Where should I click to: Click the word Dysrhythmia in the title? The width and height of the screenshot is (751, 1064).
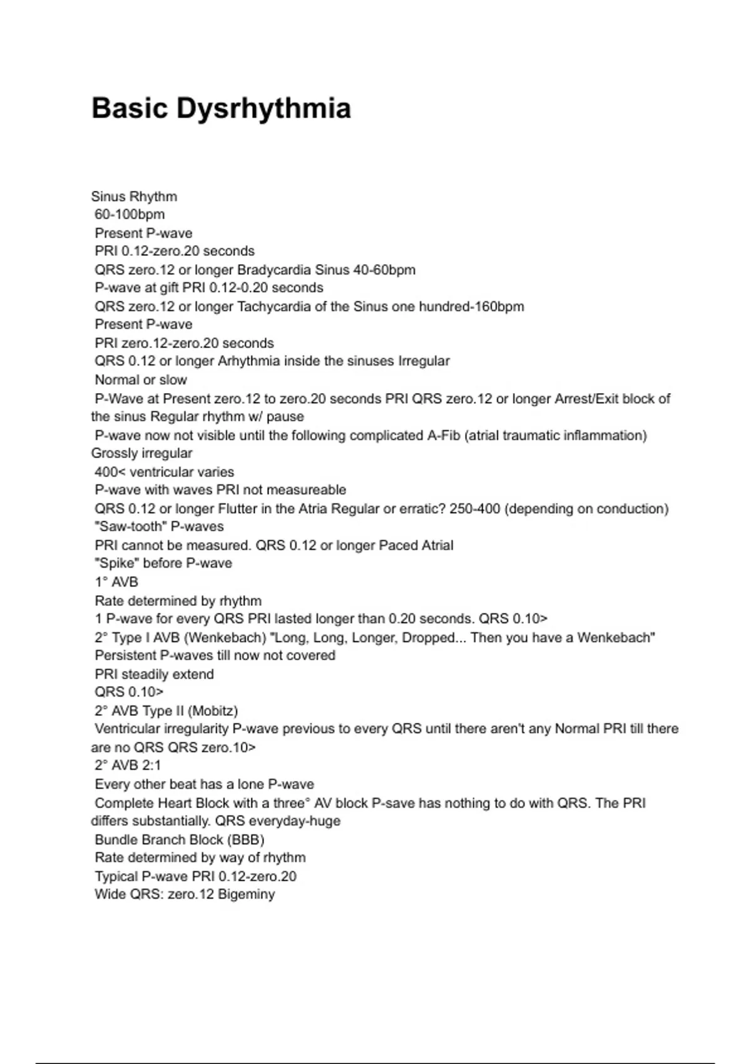[x=263, y=108]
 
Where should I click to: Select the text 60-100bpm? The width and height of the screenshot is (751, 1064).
[x=130, y=215]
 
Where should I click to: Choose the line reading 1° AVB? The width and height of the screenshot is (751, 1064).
[x=116, y=582]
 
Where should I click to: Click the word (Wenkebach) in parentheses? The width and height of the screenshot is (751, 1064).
[x=226, y=638]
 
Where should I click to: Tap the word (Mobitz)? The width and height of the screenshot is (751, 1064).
[x=213, y=711]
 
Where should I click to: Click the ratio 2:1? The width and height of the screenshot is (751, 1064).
[x=151, y=765]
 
